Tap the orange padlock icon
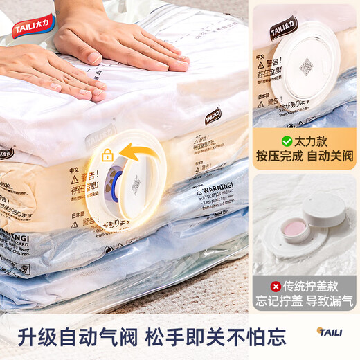coord(107,155)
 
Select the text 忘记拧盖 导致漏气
coord(305,302)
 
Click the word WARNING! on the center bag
coord(215,188)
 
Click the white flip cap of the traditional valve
coord(325,208)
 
